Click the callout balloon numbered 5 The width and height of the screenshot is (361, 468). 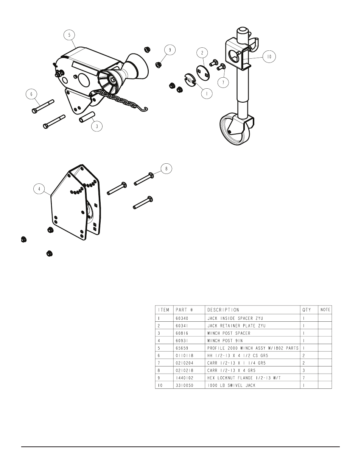pyautogui.click(x=69, y=35)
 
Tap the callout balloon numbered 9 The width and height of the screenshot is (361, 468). pyautogui.click(x=170, y=50)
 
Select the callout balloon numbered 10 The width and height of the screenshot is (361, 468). pyautogui.click(x=269, y=56)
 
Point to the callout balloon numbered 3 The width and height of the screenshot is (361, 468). pyautogui.click(x=97, y=126)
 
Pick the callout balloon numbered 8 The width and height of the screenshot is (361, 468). pyautogui.click(x=166, y=169)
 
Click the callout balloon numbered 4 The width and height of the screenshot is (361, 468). pyautogui.click(x=39, y=189)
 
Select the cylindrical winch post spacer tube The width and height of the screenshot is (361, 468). pyautogui.click(x=87, y=117)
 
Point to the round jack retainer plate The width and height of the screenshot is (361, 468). pyautogui.click(x=203, y=73)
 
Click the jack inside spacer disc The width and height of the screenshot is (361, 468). pyautogui.click(x=190, y=80)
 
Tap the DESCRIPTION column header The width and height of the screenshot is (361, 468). pyautogui.click(x=223, y=310)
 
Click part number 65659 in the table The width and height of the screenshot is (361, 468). pyautogui.click(x=182, y=348)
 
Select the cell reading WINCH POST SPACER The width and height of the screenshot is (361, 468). pyautogui.click(x=229, y=333)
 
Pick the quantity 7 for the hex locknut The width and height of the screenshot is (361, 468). pyautogui.click(x=303, y=378)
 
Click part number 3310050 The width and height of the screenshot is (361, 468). pyautogui.click(x=185, y=385)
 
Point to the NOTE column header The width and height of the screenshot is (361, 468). pyautogui.click(x=325, y=310)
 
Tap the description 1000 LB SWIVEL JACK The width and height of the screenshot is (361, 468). pyautogui.click(x=231, y=385)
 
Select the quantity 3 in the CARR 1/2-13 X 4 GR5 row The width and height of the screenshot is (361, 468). pyautogui.click(x=303, y=371)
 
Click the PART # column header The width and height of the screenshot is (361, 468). pyautogui.click(x=185, y=310)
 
